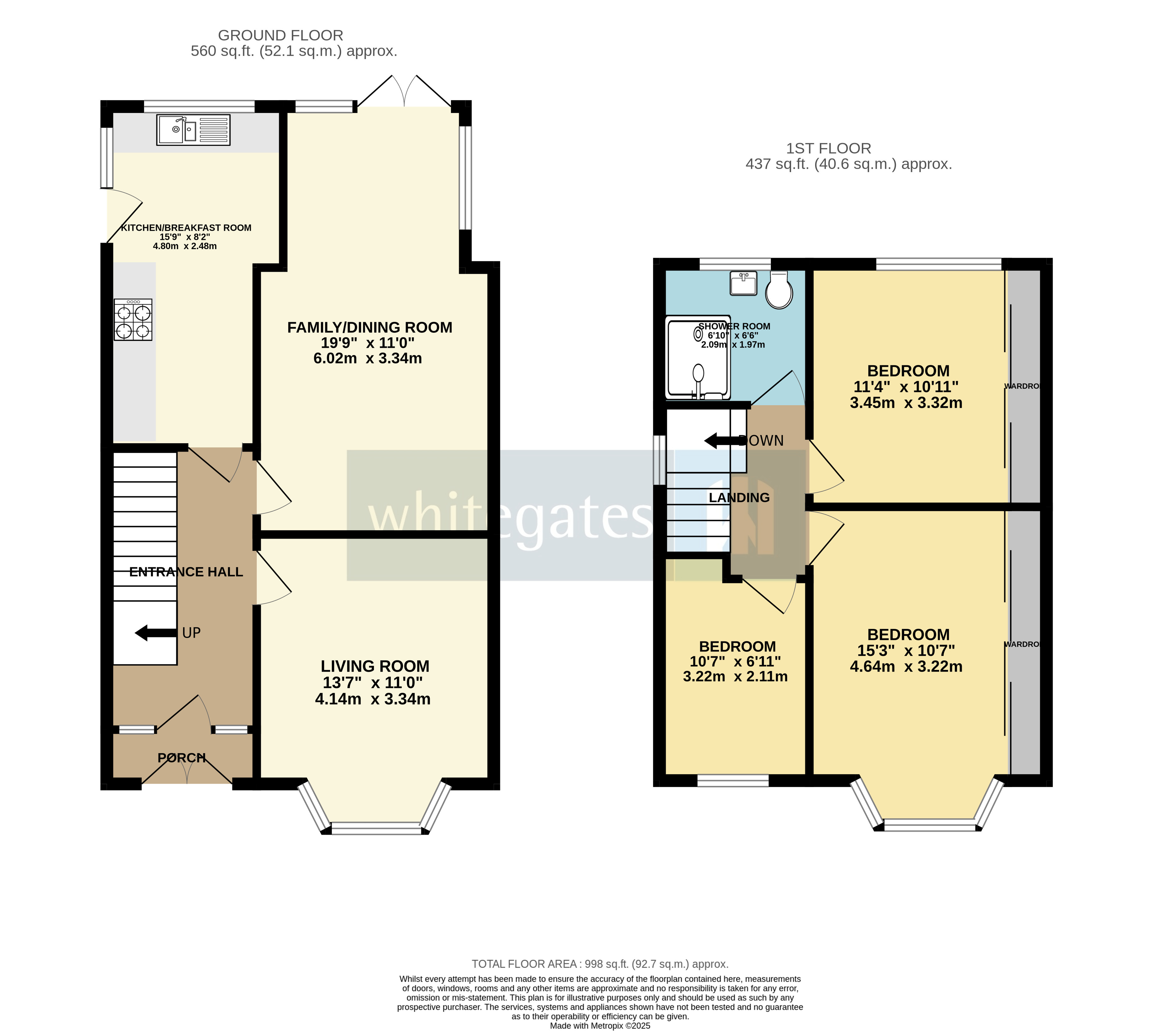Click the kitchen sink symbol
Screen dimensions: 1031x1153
[x=193, y=130]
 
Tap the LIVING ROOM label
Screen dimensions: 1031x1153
[x=375, y=666]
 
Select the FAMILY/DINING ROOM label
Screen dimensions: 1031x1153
[x=369, y=327]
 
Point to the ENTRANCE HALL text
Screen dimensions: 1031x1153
[x=186, y=572]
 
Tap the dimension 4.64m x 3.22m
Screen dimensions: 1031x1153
[x=905, y=667]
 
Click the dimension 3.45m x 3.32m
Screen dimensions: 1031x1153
[x=905, y=403]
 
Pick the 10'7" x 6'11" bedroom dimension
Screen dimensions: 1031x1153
[x=735, y=661]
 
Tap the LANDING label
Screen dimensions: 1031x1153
[x=739, y=498]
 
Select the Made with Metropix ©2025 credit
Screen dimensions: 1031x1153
[x=599, y=1025]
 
